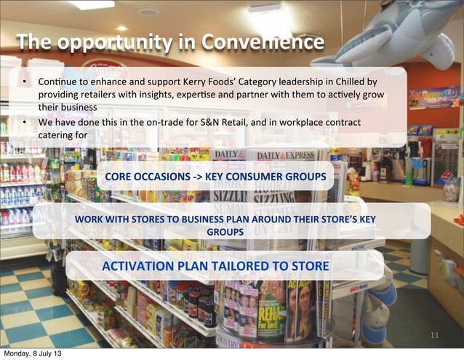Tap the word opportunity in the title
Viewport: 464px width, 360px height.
(x=116, y=44)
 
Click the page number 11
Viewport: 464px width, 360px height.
(x=435, y=335)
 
